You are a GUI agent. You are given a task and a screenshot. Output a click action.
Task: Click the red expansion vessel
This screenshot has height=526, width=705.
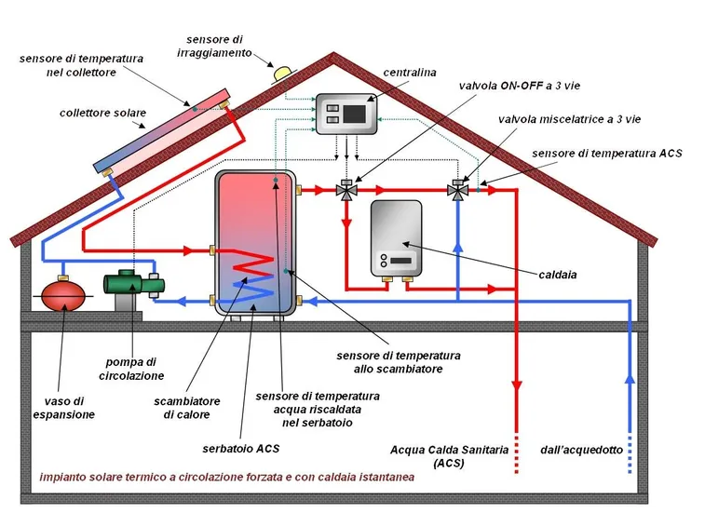click(x=63, y=295)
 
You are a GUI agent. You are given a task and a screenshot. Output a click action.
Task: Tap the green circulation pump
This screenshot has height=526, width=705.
click(x=134, y=283)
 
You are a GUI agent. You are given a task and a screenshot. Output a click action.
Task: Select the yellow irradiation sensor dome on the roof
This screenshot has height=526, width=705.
click(x=283, y=73)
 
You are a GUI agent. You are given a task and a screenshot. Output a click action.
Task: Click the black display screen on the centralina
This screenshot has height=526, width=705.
click(x=354, y=114)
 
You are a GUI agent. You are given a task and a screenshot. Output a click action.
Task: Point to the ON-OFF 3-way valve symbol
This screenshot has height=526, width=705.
click(x=346, y=190)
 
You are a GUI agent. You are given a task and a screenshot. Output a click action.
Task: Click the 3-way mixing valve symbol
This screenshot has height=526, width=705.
click(x=457, y=190)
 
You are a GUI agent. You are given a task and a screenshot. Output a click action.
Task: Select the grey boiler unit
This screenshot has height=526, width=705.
click(x=396, y=238)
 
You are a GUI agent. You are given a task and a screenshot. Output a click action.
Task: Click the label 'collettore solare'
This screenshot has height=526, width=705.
click(x=103, y=113)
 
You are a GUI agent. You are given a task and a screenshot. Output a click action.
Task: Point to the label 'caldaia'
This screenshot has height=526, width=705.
click(x=558, y=275)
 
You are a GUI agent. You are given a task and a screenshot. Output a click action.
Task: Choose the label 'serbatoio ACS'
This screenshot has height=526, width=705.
click(x=241, y=449)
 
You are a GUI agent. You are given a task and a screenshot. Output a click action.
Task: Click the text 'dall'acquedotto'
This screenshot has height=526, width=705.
click(x=582, y=450)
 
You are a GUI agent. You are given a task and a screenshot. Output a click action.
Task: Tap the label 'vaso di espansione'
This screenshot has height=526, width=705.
click(x=64, y=408)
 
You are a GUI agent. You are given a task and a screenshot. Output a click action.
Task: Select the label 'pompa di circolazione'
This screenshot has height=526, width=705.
click(x=131, y=369)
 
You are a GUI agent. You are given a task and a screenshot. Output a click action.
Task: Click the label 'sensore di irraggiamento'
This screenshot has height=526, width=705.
click(x=214, y=47)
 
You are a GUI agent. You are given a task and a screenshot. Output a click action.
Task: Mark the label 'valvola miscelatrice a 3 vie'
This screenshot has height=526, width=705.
click(x=569, y=119)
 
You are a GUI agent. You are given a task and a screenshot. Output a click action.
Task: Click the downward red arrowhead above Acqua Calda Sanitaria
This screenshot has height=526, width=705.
click(x=517, y=387)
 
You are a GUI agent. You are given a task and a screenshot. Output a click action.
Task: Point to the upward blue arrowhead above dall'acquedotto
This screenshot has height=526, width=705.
click(x=630, y=381)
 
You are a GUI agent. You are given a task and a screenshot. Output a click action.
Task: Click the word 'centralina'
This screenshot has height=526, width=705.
click(x=410, y=73)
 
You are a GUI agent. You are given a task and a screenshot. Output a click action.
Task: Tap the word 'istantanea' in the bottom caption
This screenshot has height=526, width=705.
click(x=386, y=477)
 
